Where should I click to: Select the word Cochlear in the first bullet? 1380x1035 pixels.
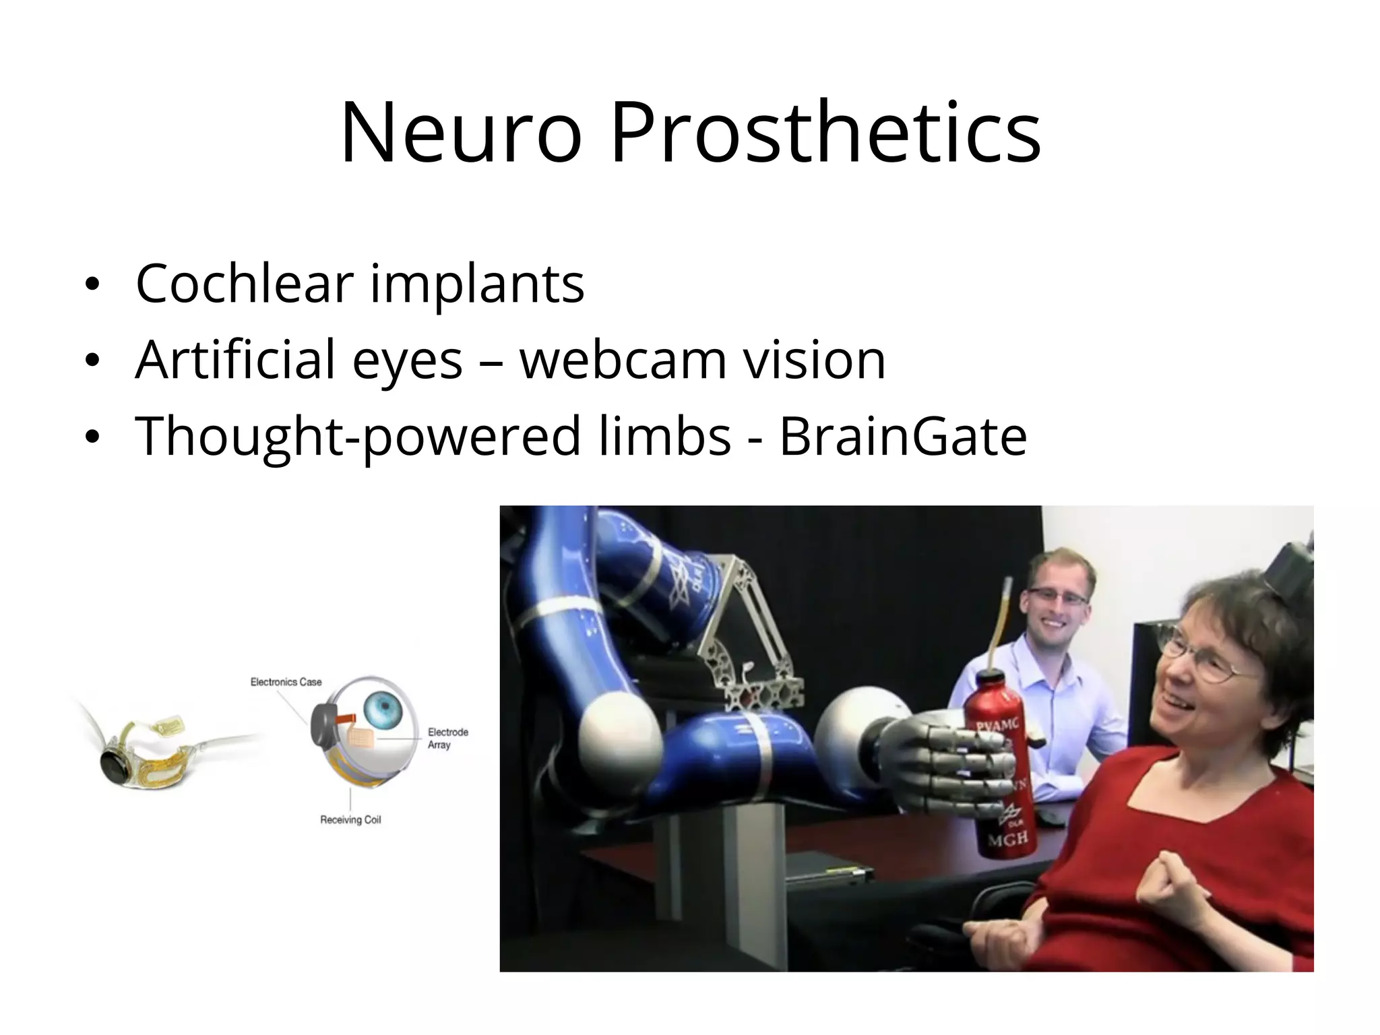pyautogui.click(x=244, y=283)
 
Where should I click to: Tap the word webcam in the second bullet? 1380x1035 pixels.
pyautogui.click(x=623, y=360)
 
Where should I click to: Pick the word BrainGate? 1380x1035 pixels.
pyautogui.click(x=903, y=436)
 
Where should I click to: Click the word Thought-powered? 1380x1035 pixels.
pyautogui.click(x=358, y=436)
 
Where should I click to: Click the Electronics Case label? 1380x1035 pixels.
pyautogui.click(x=286, y=682)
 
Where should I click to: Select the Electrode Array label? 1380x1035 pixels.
pyautogui.click(x=447, y=738)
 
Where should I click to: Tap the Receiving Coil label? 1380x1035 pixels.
pyautogui.click(x=350, y=820)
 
